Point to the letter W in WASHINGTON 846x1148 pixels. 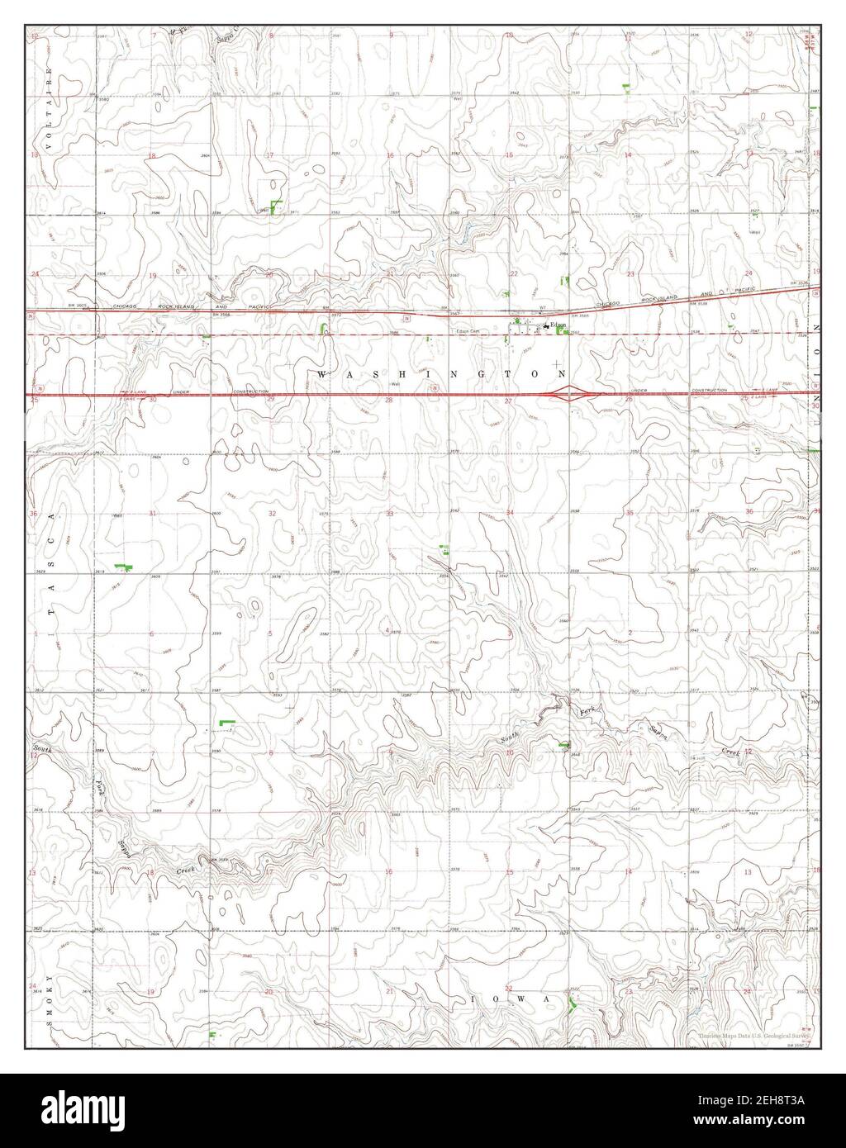coord(321,374)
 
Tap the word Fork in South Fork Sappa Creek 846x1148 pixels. coord(589,711)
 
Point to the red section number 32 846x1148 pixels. coord(272,513)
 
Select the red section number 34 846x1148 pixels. coord(511,513)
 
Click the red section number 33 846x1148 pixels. coord(389,513)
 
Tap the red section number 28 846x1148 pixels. coord(389,400)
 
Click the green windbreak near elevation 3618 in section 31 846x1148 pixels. coord(125,566)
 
